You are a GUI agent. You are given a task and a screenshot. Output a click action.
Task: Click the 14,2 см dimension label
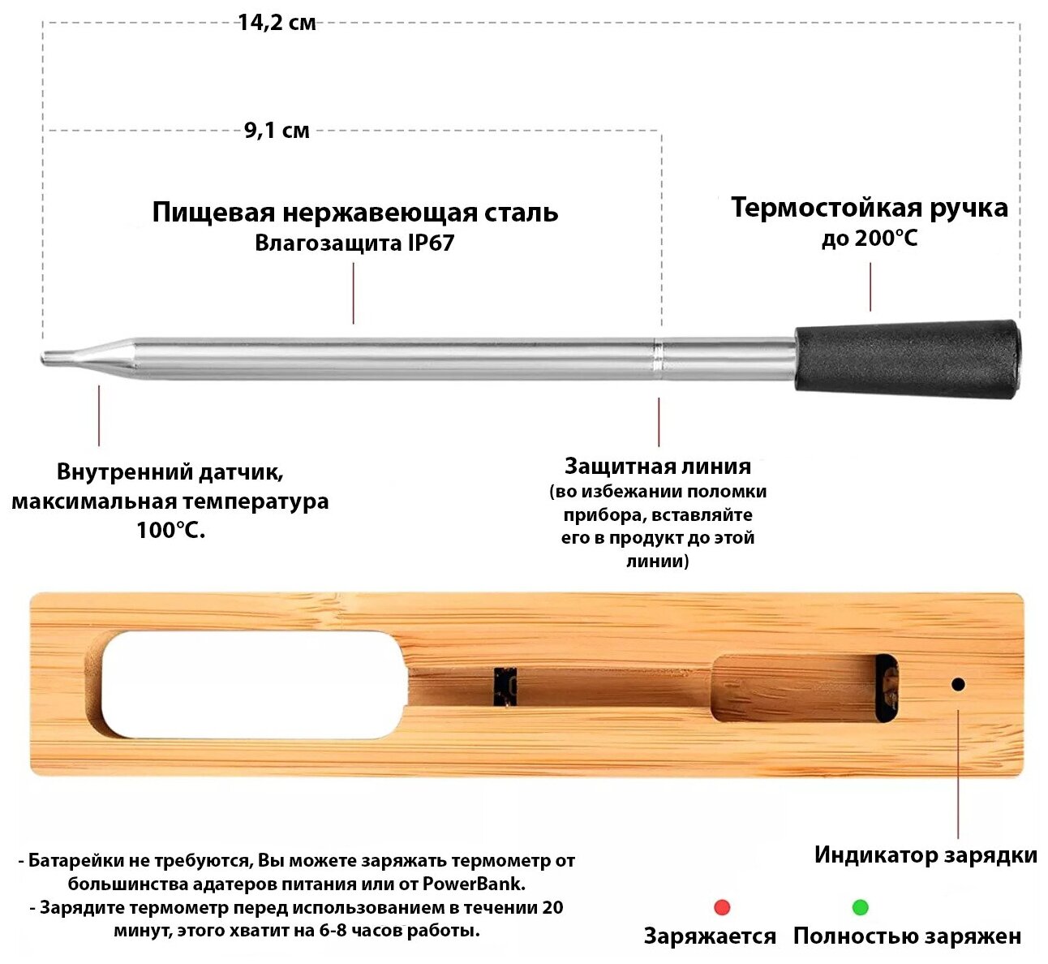pyautogui.click(x=277, y=23)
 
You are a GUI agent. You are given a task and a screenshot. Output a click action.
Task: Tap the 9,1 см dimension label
pyautogui.click(x=277, y=131)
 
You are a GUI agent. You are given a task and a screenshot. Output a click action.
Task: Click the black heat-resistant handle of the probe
pyautogui.click(x=907, y=358)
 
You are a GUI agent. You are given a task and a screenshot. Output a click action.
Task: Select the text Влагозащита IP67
pyautogui.click(x=354, y=243)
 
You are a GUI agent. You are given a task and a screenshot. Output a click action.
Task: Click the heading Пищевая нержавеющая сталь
pyautogui.click(x=355, y=212)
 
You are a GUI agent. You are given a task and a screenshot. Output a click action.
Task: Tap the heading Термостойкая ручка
pyautogui.click(x=870, y=207)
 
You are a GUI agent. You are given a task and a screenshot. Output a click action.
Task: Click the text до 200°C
pyautogui.click(x=870, y=239)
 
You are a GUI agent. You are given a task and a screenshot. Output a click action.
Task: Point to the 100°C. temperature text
pyautogui.click(x=170, y=531)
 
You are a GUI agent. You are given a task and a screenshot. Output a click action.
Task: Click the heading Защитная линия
pyautogui.click(x=658, y=466)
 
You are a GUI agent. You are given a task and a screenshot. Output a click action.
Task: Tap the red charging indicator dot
pyautogui.click(x=722, y=907)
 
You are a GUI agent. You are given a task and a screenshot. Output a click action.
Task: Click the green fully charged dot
pyautogui.click(x=861, y=907)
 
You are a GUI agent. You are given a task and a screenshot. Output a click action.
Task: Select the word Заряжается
pyautogui.click(x=710, y=936)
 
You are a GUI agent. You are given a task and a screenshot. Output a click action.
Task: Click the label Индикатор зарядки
pyautogui.click(x=926, y=855)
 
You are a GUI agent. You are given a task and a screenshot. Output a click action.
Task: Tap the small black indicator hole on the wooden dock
pyautogui.click(x=958, y=684)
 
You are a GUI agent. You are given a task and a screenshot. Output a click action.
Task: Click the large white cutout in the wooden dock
pyautogui.click(x=252, y=685)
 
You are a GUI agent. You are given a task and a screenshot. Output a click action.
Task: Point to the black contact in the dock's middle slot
pyautogui.click(x=505, y=686)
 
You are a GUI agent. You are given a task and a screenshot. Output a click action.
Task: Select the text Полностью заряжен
pyautogui.click(x=907, y=936)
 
